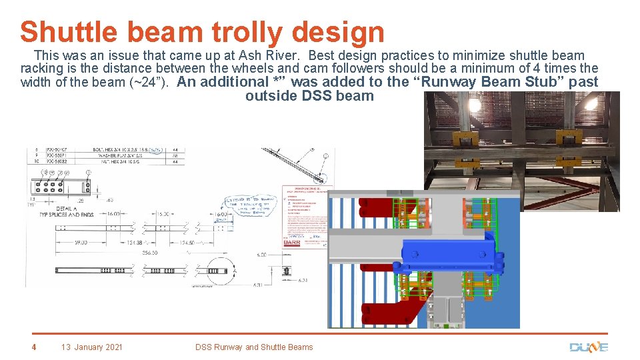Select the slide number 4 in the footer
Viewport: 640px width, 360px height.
[34, 347]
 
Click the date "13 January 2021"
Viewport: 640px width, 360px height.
[92, 347]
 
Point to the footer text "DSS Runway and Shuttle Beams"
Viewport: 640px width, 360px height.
[253, 347]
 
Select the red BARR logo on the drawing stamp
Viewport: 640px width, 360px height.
[292, 243]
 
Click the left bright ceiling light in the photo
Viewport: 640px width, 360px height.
[478, 105]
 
